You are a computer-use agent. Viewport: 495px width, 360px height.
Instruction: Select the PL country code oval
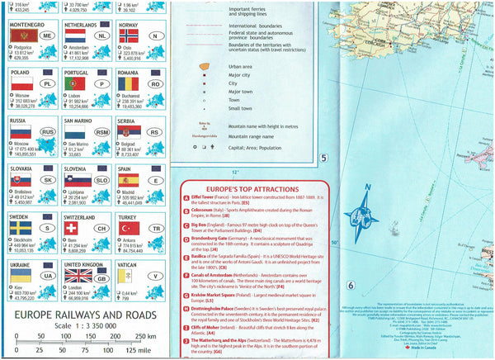[x=47, y=84]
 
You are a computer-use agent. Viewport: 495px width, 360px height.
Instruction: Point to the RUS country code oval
[x=48, y=130]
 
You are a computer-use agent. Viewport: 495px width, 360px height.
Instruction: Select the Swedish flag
[x=20, y=225]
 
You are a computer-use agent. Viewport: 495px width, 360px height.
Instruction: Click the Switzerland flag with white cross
[x=72, y=226]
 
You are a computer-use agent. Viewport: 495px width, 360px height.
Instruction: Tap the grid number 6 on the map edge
[x=349, y=286]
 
